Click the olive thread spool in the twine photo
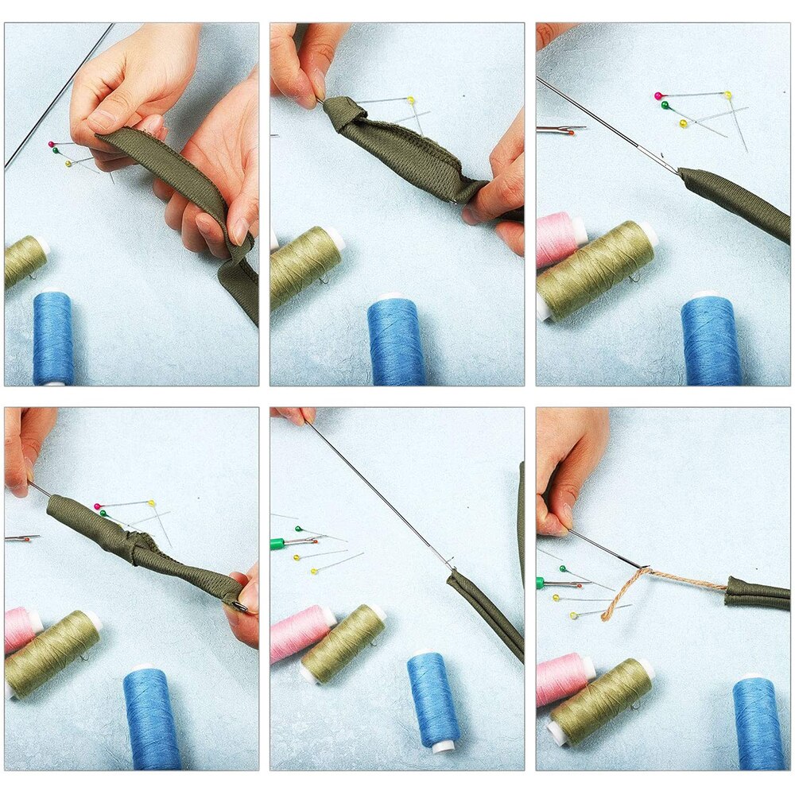(601, 700)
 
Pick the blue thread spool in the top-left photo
(53, 337)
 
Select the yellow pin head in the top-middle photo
(411, 100)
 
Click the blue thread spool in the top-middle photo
(396, 341)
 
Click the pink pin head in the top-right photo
(658, 96)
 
